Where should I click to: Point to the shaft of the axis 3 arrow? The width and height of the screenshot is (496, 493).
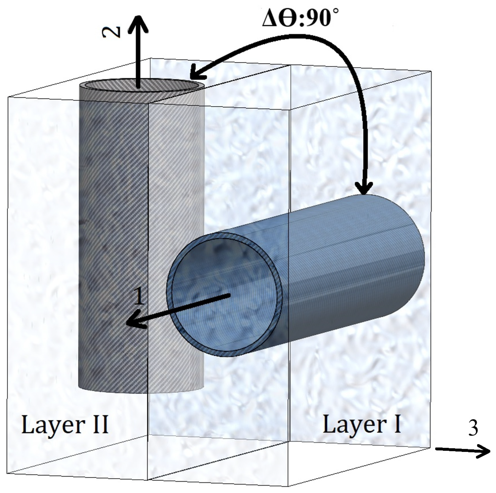457,449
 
